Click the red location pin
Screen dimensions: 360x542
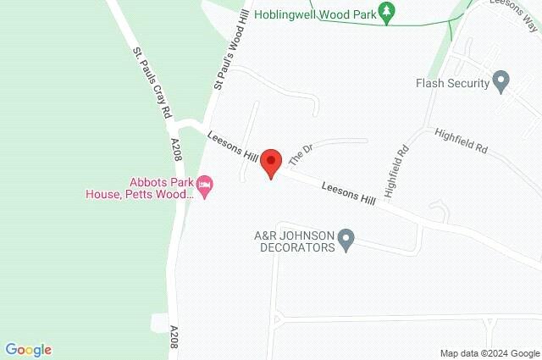[271, 162]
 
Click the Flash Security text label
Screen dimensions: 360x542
[453, 83]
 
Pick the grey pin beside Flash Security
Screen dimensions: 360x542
[501, 81]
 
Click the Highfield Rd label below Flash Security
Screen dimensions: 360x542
[461, 140]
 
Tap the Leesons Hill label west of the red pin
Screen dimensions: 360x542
[232, 147]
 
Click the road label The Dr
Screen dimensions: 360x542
[301, 154]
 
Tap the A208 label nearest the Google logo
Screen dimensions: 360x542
[174, 335]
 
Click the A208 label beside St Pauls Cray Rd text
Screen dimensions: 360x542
[176, 150]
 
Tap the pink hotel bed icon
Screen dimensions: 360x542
[204, 183]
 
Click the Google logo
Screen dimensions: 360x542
[28, 349]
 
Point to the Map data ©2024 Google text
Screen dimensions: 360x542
[489, 352]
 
